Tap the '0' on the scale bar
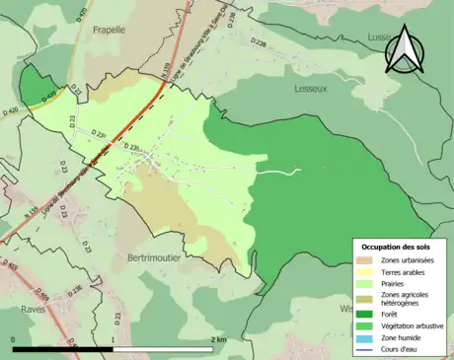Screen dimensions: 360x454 (x=14, y=339)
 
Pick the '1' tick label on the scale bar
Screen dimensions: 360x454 (x=113, y=339)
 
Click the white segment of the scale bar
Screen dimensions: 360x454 (x=164, y=349)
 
